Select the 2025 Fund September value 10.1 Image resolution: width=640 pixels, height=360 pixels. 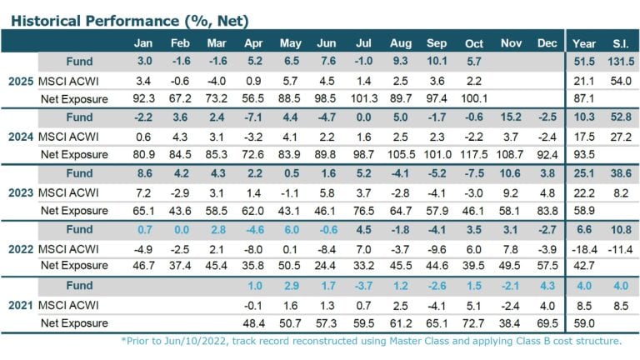437,62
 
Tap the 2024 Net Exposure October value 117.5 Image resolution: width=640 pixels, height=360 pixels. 473,154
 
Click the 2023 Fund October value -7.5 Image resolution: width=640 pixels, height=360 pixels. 473,173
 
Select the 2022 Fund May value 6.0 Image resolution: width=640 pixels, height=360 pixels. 291,229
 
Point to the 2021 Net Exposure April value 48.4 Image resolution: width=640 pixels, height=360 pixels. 254,322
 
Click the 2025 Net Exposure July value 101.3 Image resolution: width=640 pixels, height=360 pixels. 363,98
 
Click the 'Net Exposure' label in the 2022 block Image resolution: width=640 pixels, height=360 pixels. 74,267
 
